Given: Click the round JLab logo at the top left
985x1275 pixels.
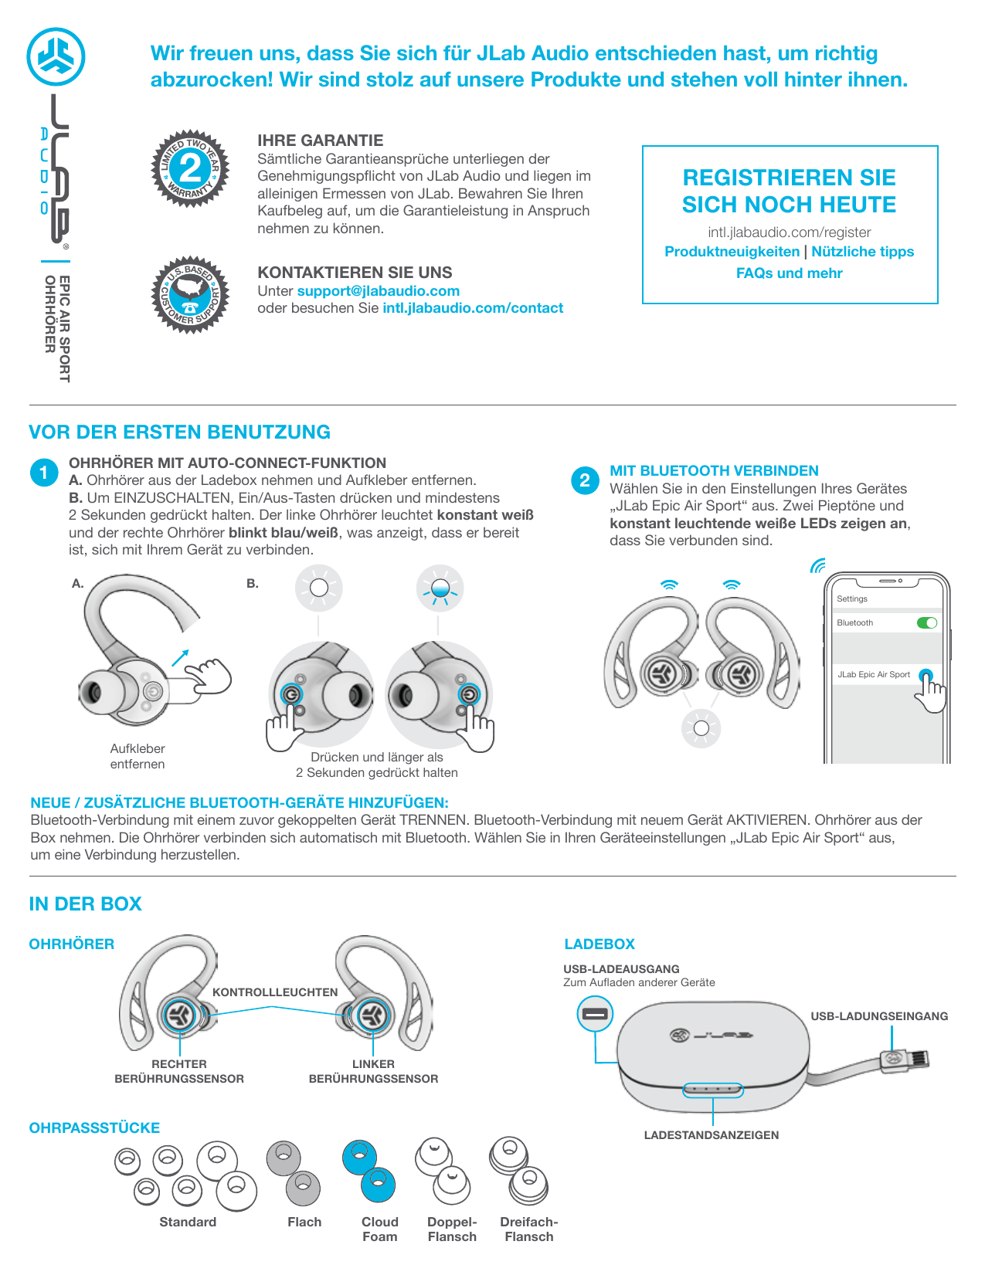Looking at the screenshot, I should [56, 56].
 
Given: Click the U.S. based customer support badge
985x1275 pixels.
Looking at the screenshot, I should [189, 295].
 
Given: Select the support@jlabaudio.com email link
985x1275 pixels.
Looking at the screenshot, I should [378, 291].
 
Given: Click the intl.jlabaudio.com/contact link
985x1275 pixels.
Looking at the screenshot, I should [473, 308].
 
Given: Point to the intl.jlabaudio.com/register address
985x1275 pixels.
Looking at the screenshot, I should [789, 232].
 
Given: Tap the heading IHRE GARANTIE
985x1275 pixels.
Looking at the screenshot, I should [320, 141].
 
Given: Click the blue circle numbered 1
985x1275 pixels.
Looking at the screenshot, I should [44, 473].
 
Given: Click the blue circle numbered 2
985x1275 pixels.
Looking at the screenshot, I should [585, 480].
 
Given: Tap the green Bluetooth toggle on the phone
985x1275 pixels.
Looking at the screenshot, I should [926, 622].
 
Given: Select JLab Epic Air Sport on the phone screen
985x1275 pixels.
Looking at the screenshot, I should [874, 674].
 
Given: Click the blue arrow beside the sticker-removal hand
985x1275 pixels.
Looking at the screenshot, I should [180, 656].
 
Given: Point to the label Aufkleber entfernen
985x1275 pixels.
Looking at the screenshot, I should [138, 756].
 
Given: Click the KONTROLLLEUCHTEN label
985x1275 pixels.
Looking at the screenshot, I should [275, 992].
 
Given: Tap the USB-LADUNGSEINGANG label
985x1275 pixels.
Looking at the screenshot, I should [879, 1016].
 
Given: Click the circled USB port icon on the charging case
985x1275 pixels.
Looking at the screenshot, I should [595, 1014].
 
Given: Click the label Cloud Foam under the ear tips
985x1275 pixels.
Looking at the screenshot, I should [379, 1229].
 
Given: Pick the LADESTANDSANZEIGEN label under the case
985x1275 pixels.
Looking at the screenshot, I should [711, 1135].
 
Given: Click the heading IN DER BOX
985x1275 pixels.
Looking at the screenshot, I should [85, 904].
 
